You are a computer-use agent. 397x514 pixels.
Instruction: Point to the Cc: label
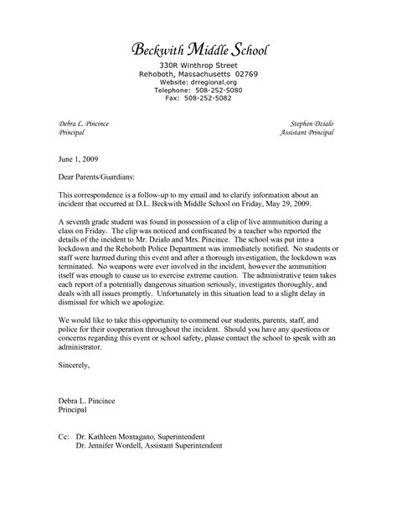(x=65, y=437)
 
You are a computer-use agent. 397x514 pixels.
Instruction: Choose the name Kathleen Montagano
(x=132, y=437)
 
